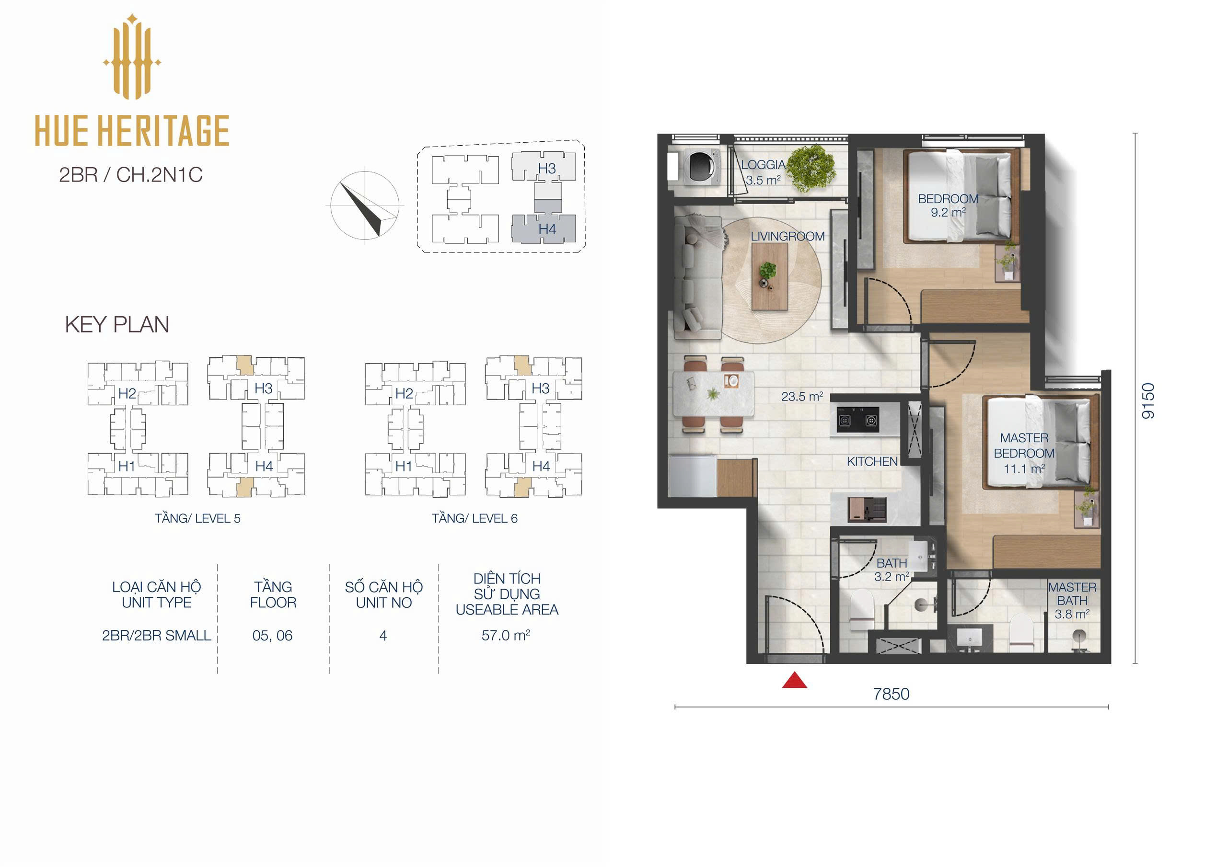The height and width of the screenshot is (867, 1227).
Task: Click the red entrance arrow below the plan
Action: coord(794,680)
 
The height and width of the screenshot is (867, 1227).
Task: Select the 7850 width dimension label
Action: coord(891,694)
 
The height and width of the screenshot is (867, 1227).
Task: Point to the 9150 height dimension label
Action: coord(1147,400)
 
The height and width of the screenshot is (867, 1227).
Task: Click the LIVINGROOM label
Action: coord(787,236)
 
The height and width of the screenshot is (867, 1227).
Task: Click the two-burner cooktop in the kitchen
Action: coord(857,421)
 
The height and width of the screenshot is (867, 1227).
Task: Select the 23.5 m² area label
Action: coord(801,396)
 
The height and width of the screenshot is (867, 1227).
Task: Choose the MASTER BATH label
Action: coord(1072,594)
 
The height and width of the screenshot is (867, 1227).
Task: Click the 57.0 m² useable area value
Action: coord(506,635)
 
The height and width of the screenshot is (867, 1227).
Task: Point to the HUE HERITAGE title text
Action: coord(132,130)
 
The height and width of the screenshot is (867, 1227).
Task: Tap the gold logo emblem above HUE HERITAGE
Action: coord(132,57)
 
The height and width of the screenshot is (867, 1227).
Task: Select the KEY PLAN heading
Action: coord(117,324)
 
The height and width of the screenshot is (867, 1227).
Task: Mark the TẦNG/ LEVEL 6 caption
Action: coord(475,518)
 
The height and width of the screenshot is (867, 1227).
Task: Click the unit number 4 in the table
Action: coord(382,636)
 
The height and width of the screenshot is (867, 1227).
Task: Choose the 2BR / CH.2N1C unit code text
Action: coord(131,175)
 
